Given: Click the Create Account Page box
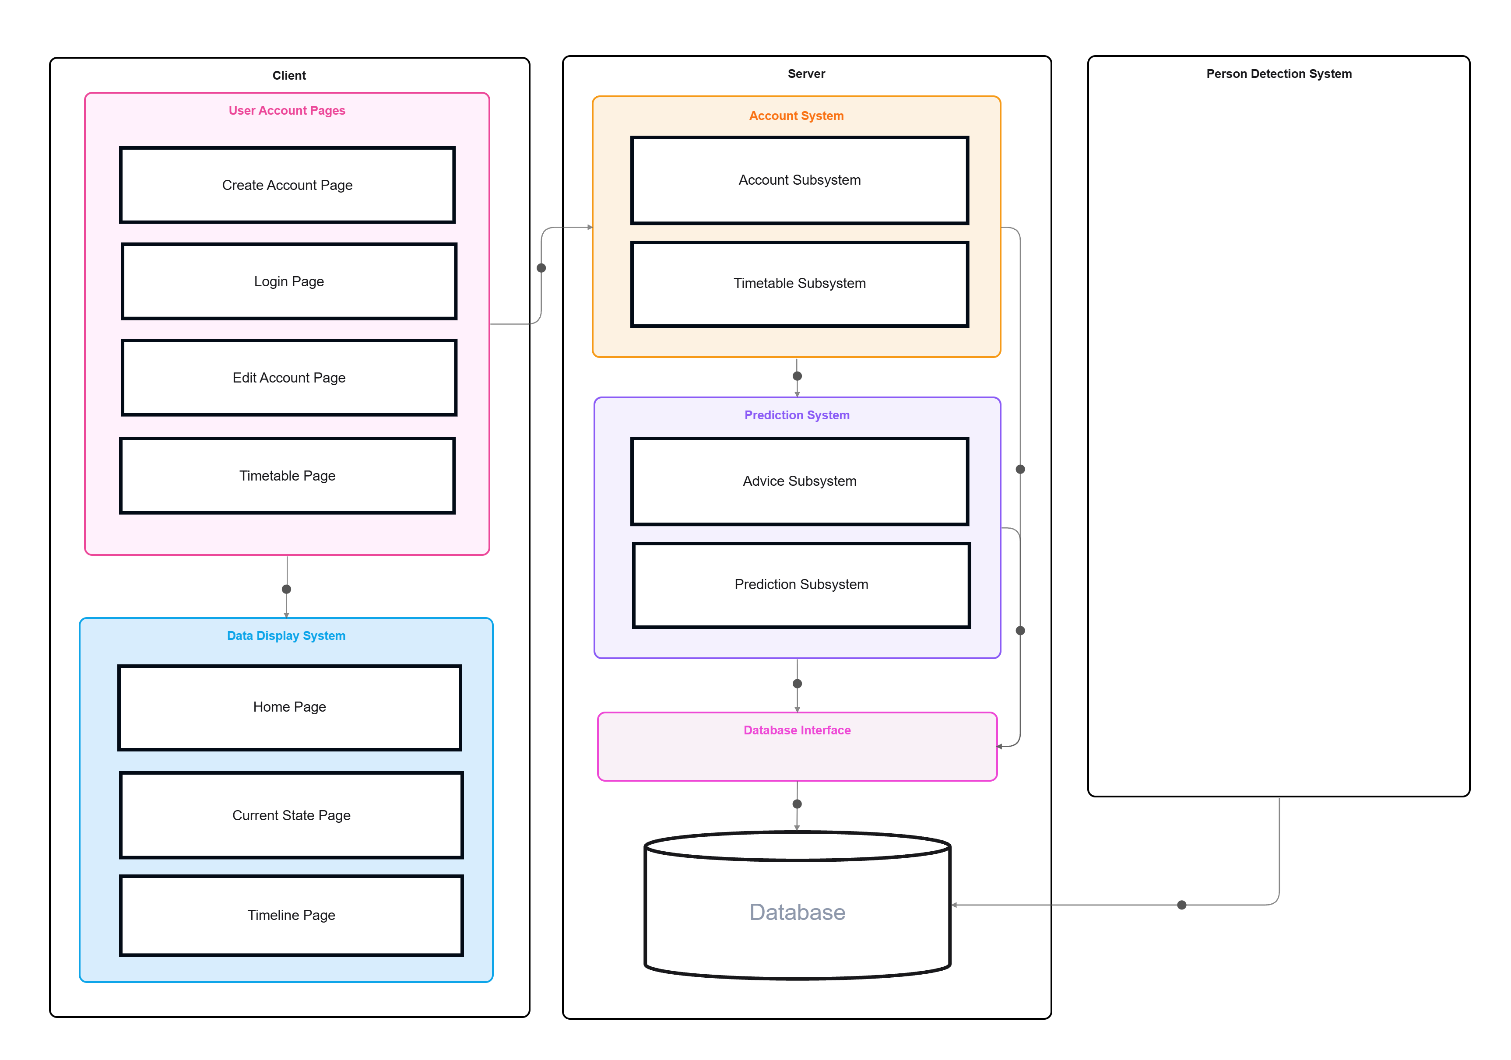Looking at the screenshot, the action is point(287,185).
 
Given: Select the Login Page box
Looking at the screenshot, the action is point(289,281).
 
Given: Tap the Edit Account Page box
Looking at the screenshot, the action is point(289,378).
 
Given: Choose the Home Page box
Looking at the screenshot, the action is point(290,707).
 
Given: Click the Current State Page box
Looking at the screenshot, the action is point(292,815).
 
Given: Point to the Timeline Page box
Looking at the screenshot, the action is point(292,915).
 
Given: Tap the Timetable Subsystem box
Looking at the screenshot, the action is point(800,284).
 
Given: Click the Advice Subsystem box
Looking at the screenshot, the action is point(800,481).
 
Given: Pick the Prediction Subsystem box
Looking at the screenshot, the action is point(801,585).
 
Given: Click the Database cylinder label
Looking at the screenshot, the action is point(797,912).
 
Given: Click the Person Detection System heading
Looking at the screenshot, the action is point(1279,74).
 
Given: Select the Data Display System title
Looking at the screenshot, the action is point(286,635).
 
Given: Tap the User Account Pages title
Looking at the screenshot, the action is point(287,111).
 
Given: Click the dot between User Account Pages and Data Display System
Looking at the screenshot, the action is point(286,589).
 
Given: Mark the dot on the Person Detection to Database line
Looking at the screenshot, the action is point(1181,905).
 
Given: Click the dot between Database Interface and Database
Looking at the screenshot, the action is point(797,804).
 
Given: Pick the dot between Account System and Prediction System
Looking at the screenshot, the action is point(797,376).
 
